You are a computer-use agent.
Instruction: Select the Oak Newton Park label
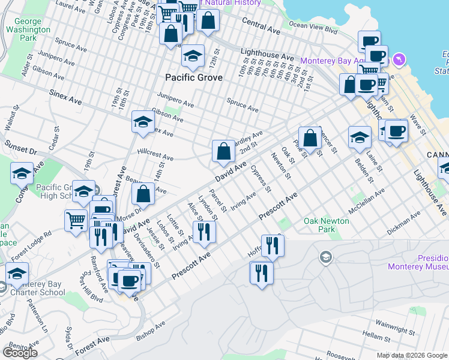click(327, 225)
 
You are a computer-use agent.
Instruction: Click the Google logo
click(20, 353)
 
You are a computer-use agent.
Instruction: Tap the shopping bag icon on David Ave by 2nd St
click(223, 152)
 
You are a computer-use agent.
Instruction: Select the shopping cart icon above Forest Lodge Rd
click(76, 221)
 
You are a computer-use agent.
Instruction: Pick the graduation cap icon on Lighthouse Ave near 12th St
click(192, 56)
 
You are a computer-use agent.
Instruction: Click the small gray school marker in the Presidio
click(325, 257)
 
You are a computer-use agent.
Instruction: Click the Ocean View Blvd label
click(313, 27)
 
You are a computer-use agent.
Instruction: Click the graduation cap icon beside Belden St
click(360, 137)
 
